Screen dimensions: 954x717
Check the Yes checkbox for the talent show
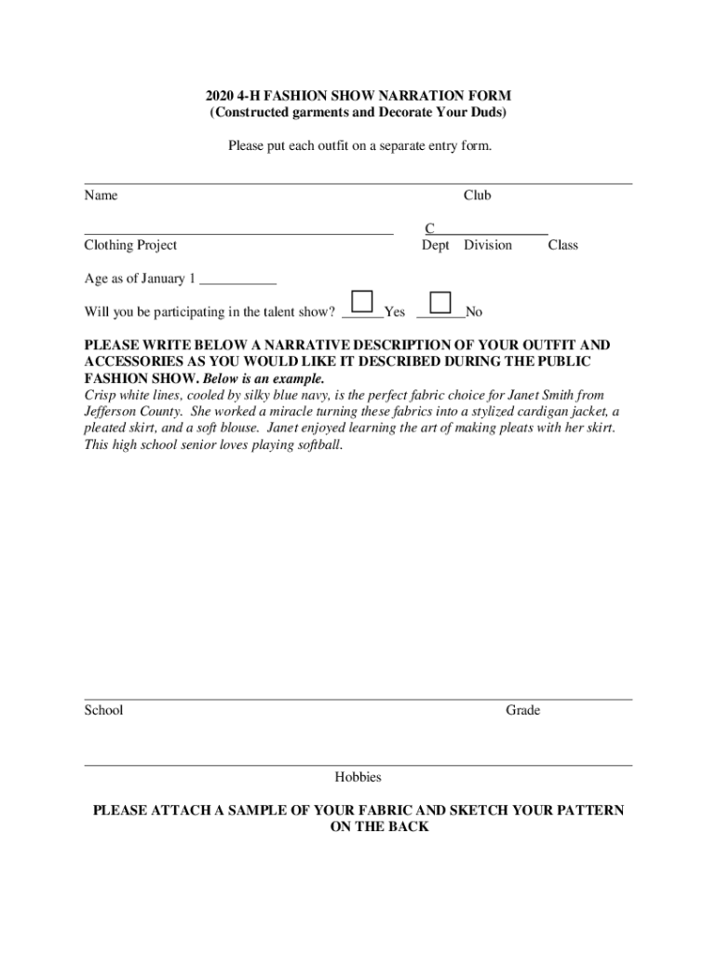click(362, 302)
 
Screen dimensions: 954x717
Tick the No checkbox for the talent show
click(440, 302)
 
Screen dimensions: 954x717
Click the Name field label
click(101, 196)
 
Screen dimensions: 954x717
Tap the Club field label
click(477, 196)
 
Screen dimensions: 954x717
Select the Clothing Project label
click(130, 245)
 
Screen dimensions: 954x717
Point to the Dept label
click(435, 245)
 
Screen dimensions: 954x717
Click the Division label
click(488, 245)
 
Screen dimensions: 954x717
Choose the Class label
click(562, 245)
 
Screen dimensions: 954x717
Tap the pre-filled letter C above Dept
click(429, 228)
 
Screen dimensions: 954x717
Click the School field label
click(103, 710)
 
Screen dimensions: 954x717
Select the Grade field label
click(522, 710)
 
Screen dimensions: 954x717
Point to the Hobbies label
click(358, 777)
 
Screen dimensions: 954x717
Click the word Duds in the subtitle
click(488, 113)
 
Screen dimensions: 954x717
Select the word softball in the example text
click(315, 445)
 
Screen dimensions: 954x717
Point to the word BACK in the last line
click(409, 827)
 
